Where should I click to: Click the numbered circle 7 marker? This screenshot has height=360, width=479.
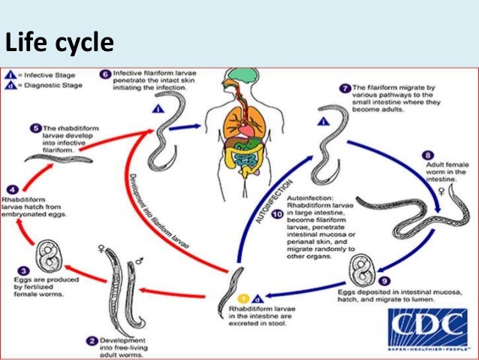[345, 89]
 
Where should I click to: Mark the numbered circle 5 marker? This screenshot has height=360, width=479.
[35, 129]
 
